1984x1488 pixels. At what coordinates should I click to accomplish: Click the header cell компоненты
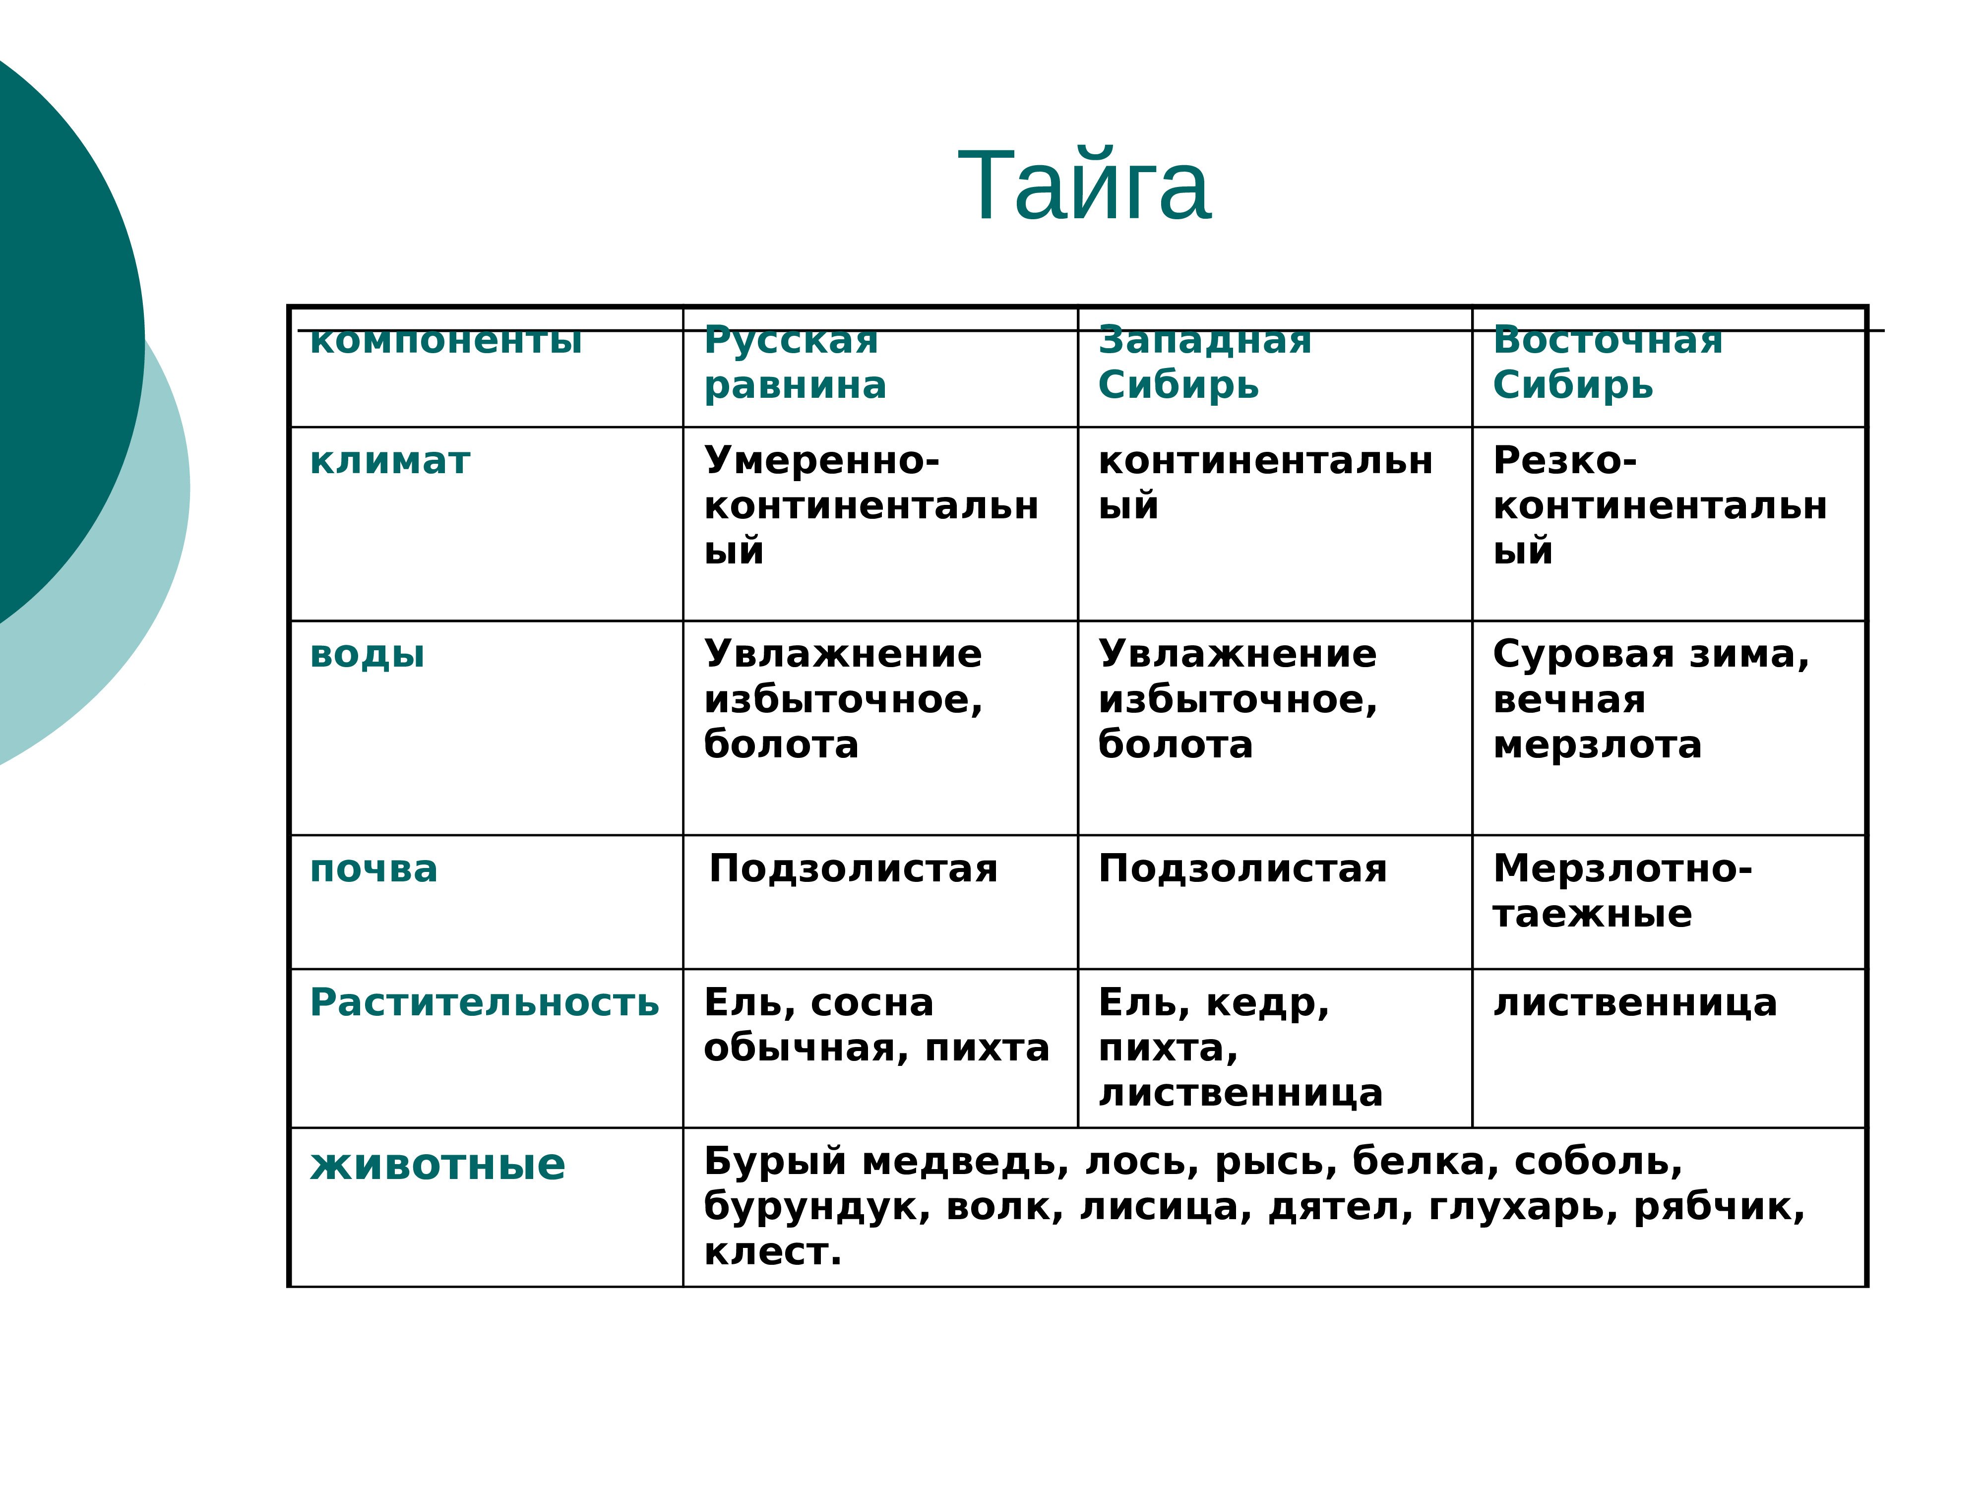tap(446, 341)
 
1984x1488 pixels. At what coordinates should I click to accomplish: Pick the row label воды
tap(367, 655)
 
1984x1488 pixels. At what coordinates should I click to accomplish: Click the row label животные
tap(437, 1165)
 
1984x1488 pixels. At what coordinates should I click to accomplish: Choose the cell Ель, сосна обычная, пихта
tap(876, 1025)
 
